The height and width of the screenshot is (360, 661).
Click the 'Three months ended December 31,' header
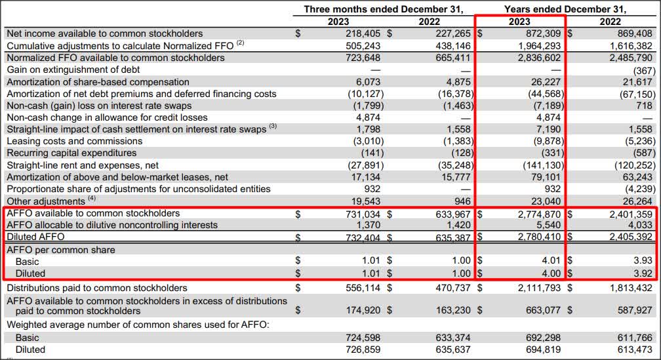[383, 9]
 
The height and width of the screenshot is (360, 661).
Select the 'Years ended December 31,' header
[565, 9]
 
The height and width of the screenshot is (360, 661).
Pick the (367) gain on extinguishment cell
[641, 70]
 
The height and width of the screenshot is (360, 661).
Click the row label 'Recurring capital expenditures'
[72, 153]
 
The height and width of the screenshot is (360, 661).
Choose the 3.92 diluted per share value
[641, 273]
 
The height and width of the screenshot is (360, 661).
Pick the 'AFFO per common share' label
[61, 250]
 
